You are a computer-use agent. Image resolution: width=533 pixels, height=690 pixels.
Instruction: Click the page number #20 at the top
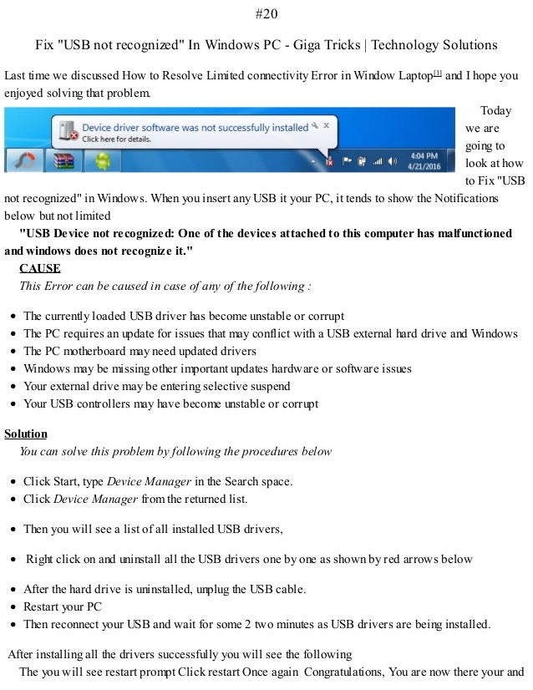[x=266, y=13]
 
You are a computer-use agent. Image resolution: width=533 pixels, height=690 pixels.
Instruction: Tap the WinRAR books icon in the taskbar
[x=65, y=160]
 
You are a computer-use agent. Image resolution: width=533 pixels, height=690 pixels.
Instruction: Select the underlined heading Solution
[x=26, y=434]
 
